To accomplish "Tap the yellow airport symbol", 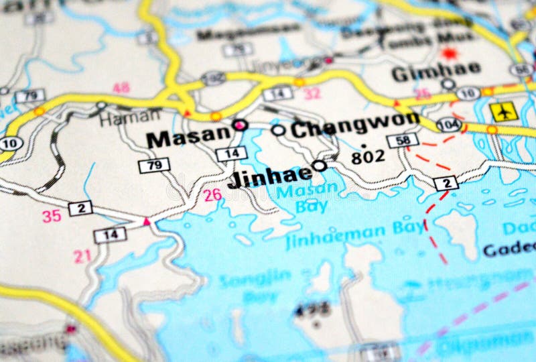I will click(503, 111).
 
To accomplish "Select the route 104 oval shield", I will click(448, 123).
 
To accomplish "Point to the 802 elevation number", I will click(368, 157).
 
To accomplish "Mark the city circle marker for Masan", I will click(239, 124).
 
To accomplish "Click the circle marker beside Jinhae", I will click(320, 165).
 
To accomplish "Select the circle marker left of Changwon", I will click(278, 129).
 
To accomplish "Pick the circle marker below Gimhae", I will click(448, 84).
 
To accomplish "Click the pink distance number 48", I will click(121, 88).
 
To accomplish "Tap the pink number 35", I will click(52, 216).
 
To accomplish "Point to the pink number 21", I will click(82, 255).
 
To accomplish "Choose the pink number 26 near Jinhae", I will click(212, 195).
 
